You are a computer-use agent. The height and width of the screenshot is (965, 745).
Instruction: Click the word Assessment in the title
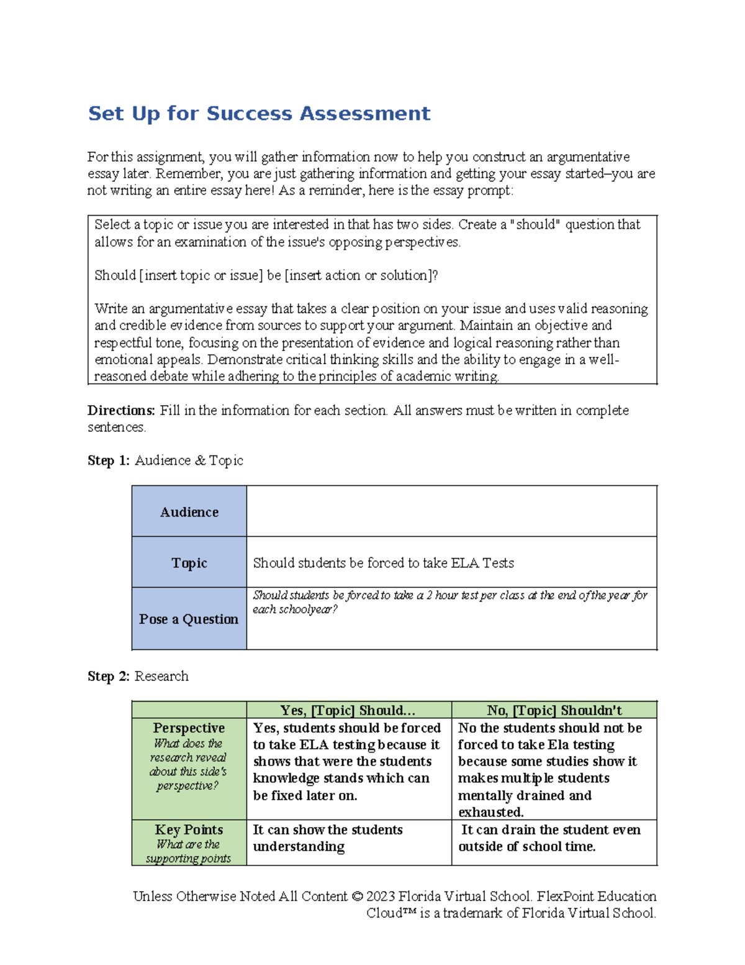click(x=365, y=114)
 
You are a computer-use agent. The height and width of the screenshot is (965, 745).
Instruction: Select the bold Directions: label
click(x=121, y=411)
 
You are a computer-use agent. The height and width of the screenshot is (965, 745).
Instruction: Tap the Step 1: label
click(x=109, y=460)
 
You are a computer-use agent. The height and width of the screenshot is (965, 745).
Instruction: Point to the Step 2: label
click(x=109, y=676)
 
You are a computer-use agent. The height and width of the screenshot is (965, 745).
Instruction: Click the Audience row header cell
click(x=189, y=512)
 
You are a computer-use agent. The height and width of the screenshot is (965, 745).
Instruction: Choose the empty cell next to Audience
click(x=451, y=511)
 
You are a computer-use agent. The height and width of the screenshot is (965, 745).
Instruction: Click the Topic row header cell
click(x=189, y=563)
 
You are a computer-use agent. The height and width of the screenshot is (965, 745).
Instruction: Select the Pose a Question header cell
click(x=189, y=619)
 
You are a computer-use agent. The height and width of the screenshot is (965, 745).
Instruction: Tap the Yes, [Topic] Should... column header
click(x=348, y=710)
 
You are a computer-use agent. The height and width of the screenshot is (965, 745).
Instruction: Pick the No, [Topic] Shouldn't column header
click(x=554, y=710)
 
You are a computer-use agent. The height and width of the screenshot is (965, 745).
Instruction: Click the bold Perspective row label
click(x=189, y=728)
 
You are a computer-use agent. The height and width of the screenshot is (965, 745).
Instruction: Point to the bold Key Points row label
click(x=189, y=830)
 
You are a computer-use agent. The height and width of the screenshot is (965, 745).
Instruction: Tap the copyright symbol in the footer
click(x=357, y=897)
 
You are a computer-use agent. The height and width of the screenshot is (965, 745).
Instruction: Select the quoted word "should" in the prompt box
click(x=538, y=225)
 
